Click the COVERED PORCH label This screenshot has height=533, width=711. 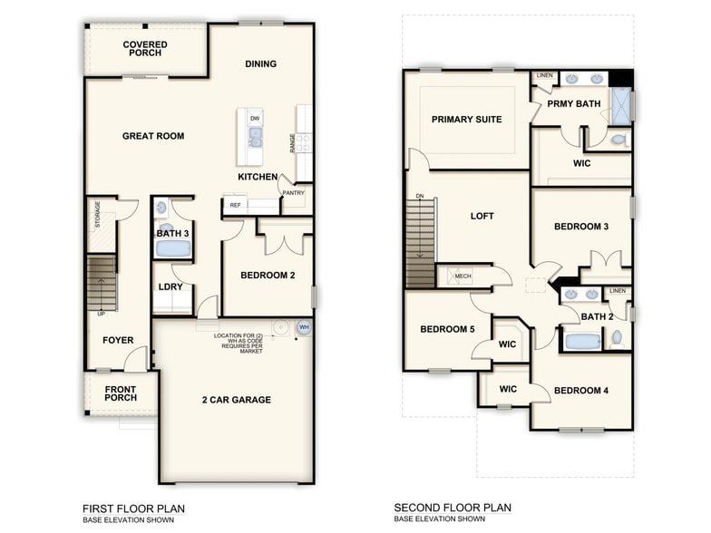(x=145, y=49)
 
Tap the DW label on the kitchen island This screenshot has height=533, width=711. (x=255, y=119)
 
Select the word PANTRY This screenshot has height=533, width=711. (x=293, y=192)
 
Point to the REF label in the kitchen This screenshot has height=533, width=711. (x=235, y=206)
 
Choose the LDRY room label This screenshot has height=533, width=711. (x=170, y=287)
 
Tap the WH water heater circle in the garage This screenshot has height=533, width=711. (x=304, y=327)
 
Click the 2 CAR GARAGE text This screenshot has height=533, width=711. (x=236, y=400)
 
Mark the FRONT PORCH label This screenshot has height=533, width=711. (x=120, y=395)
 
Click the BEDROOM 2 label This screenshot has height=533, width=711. (x=268, y=276)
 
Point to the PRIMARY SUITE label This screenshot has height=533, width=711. (x=466, y=120)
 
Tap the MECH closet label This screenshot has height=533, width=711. (x=463, y=276)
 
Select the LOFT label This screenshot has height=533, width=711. (x=482, y=217)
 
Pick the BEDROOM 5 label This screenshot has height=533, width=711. (x=447, y=329)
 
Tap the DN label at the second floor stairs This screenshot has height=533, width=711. (x=419, y=196)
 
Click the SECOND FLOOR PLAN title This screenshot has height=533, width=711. (x=452, y=509)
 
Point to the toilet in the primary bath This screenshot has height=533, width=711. (x=618, y=140)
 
